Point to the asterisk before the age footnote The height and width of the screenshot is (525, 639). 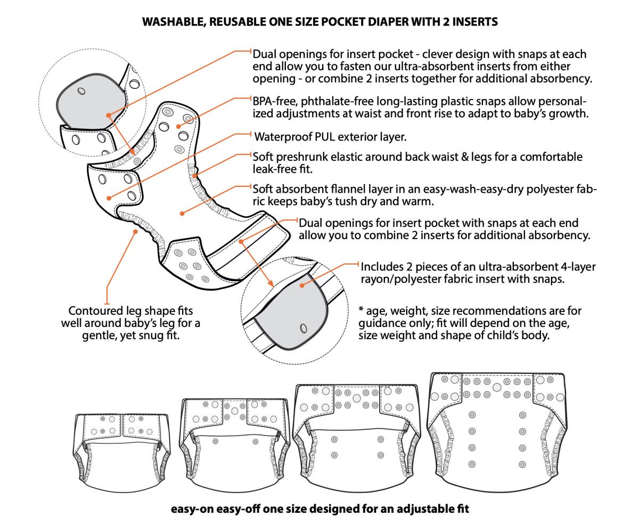(362, 310)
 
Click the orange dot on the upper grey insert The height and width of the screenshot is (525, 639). (108, 114)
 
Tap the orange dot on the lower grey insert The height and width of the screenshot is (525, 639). (302, 285)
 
